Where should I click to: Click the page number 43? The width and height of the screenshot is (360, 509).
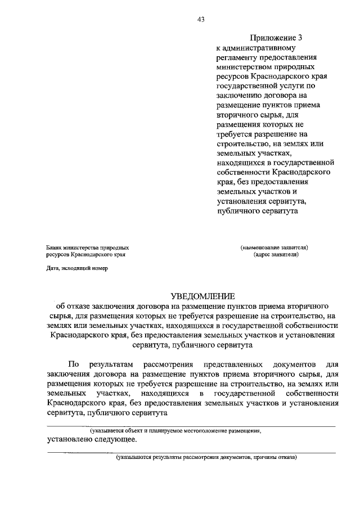pos(200,19)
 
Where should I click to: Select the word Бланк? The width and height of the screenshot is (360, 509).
pos(56,247)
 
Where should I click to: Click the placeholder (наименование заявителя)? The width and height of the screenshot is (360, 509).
pos(274,247)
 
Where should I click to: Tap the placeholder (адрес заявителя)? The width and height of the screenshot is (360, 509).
pos(276,254)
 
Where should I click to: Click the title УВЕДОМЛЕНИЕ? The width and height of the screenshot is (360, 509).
pos(201,296)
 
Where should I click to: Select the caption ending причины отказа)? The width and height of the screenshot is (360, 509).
pos(206,457)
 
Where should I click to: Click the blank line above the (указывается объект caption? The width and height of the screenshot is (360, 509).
pos(191,426)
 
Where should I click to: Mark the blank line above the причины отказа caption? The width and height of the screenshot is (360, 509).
pos(191,452)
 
